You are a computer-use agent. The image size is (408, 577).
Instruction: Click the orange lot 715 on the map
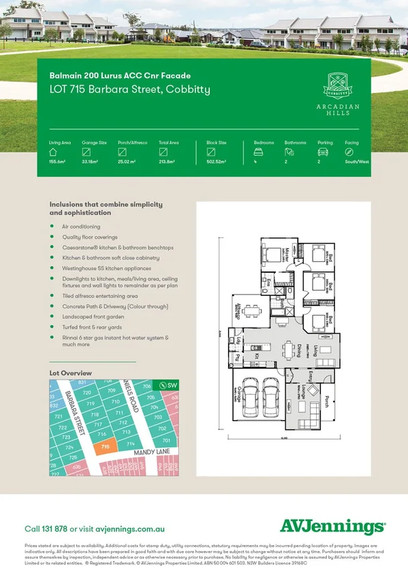click(x=104, y=446)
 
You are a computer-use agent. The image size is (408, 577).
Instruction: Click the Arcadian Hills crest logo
click(x=337, y=86)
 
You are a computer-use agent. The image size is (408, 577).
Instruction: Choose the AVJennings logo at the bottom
click(x=332, y=526)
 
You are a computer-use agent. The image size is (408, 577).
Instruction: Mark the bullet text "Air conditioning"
click(x=80, y=227)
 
